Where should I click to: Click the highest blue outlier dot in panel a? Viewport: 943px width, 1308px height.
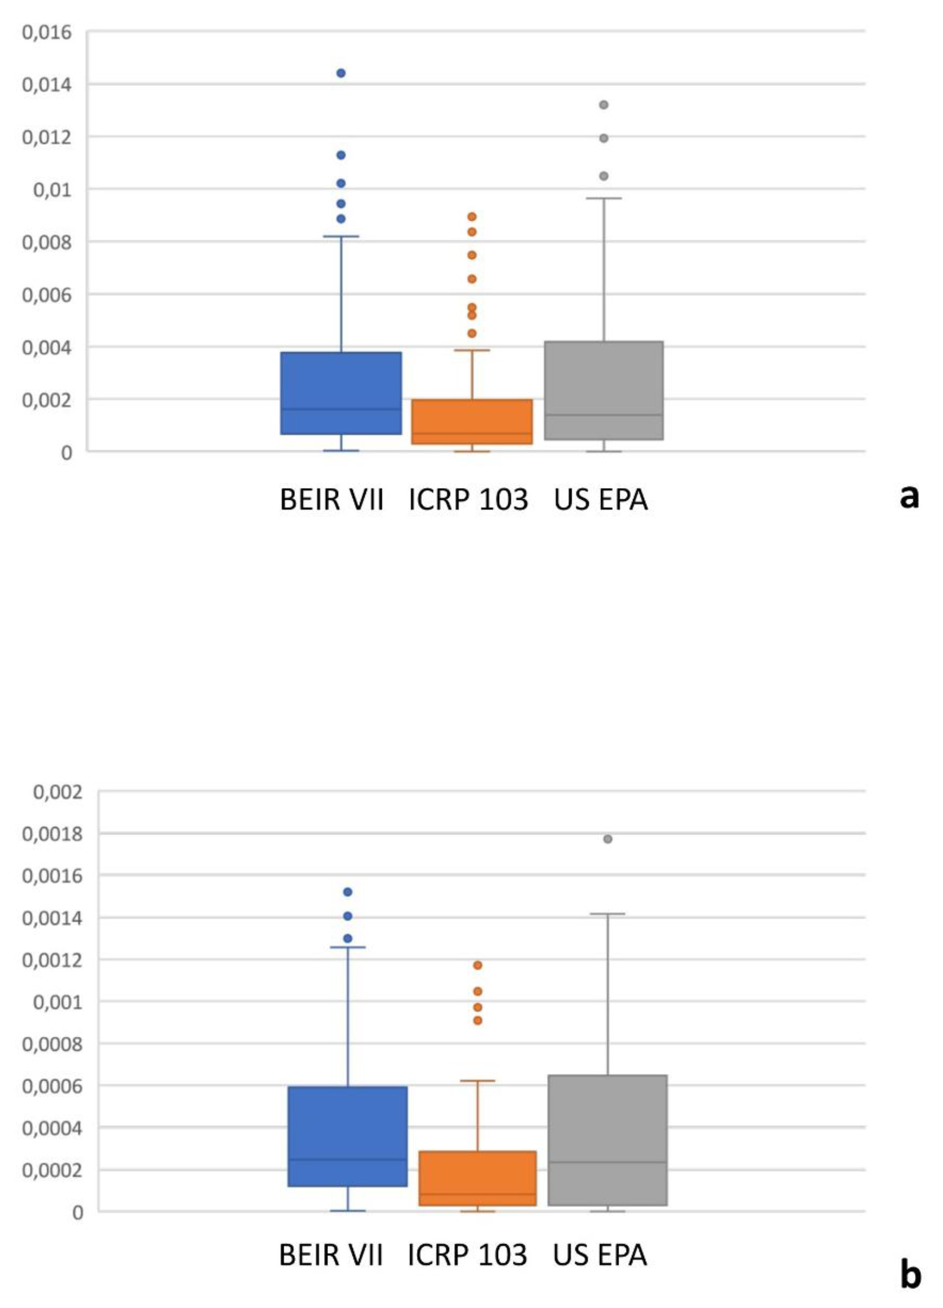[x=341, y=73]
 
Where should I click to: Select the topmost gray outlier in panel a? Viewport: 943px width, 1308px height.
[x=604, y=105]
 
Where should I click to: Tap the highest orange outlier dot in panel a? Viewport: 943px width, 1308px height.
[x=472, y=217]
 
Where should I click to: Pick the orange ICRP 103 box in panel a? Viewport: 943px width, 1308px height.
[x=472, y=422]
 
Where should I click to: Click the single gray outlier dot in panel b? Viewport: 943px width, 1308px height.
[x=608, y=839]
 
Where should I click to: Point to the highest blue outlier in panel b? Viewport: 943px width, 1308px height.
[x=348, y=892]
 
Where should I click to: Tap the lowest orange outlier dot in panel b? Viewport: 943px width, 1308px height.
[x=478, y=1021]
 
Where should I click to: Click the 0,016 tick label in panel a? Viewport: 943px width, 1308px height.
[x=47, y=32]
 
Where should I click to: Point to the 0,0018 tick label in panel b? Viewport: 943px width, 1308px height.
[x=52, y=834]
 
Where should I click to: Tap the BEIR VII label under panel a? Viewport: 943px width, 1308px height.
[x=332, y=499]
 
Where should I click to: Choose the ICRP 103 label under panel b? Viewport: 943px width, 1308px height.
[x=467, y=1256]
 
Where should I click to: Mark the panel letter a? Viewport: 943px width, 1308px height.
[x=909, y=496]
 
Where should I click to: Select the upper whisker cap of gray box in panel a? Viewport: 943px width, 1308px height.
[x=604, y=198]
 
